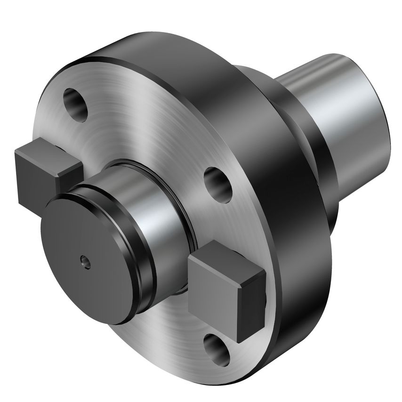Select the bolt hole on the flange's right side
217,182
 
